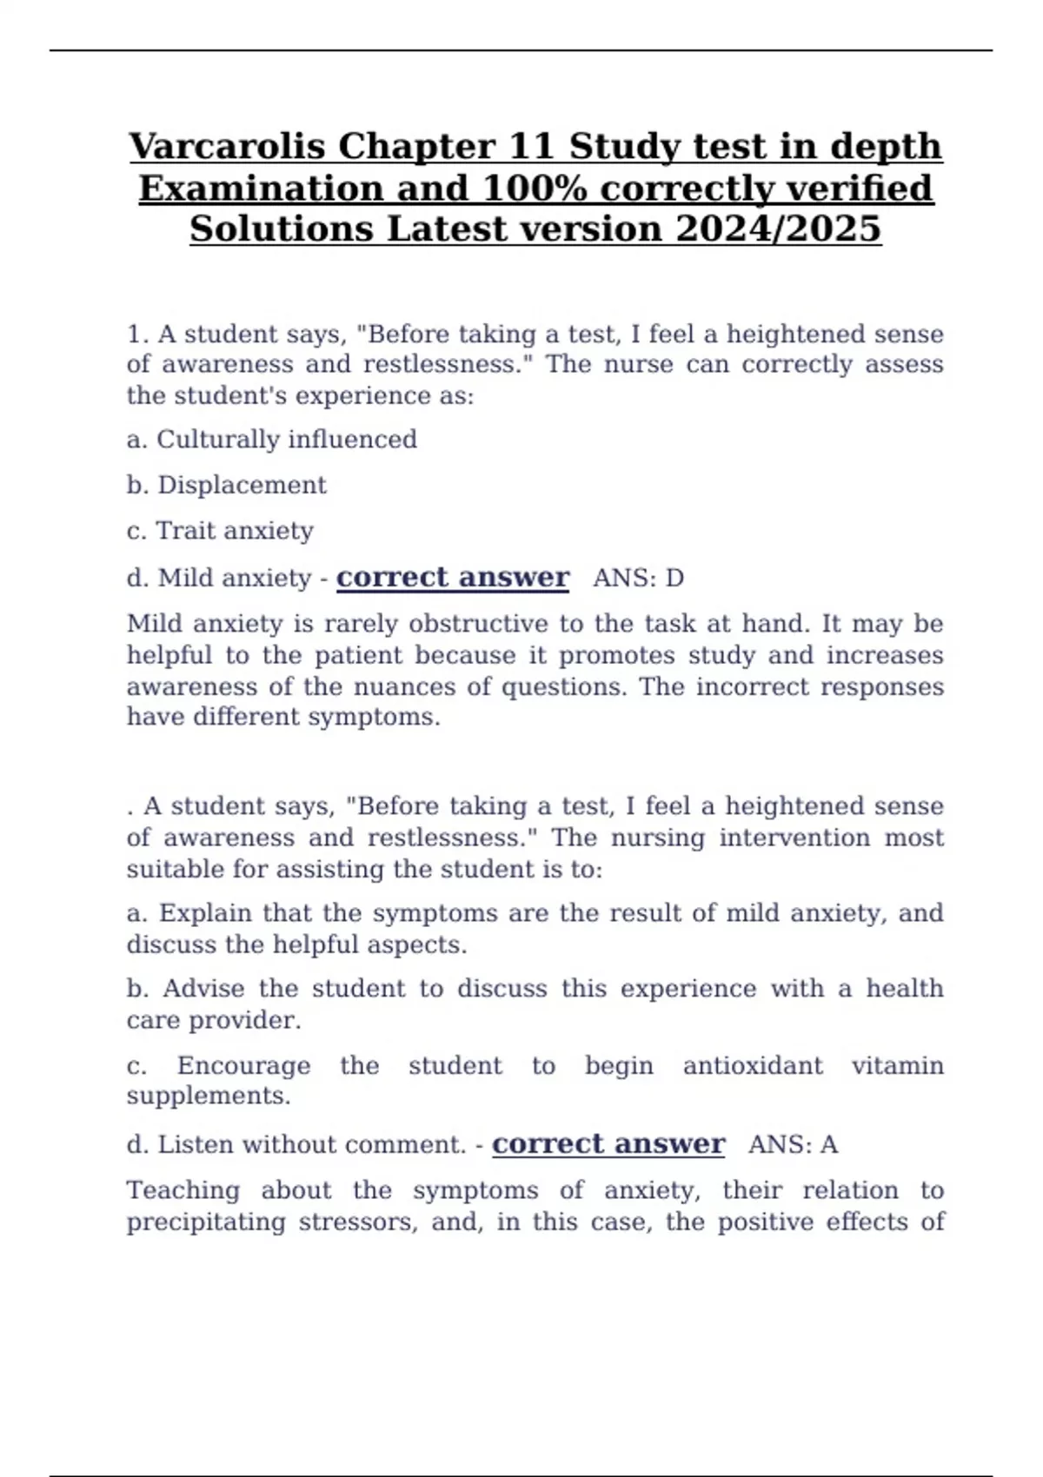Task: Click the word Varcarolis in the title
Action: click(x=228, y=146)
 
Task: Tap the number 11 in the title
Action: click(x=532, y=146)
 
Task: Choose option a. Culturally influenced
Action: click(x=271, y=440)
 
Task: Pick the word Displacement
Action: click(x=242, y=485)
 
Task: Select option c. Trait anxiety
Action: click(x=220, y=531)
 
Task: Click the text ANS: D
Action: click(x=638, y=578)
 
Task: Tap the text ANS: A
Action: click(x=793, y=1144)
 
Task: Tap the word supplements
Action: click(x=209, y=1096)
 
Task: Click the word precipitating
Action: click(x=206, y=1222)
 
